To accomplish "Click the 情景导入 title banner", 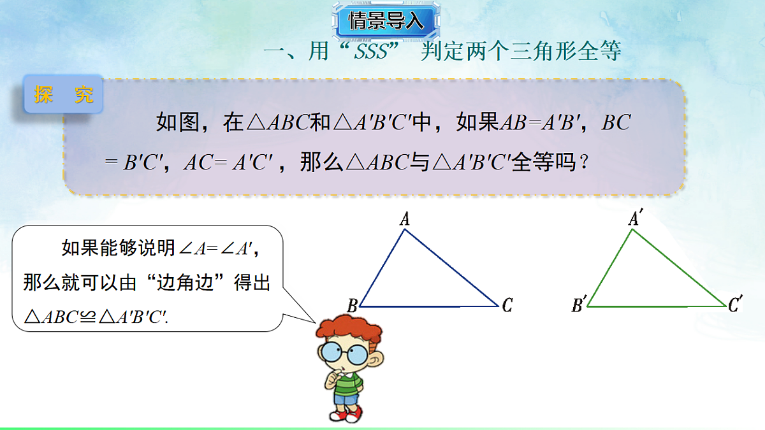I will click(386, 20).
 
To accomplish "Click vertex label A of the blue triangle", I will click(404, 220).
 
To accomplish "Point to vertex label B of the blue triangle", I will click(351, 306).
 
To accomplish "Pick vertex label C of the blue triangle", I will click(507, 306).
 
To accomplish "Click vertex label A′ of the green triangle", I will click(634, 219).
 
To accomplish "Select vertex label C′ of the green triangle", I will click(735, 306).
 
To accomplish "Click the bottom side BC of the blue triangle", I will click(428, 306).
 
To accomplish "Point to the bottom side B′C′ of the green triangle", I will click(657, 306).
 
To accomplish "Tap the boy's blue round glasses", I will click(344, 352).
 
